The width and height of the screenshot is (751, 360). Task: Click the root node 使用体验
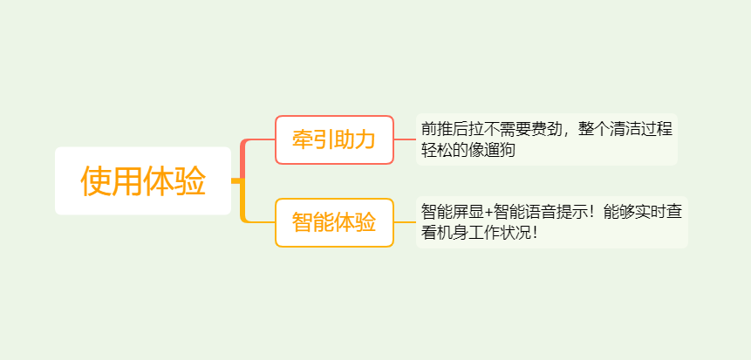pyautogui.click(x=143, y=181)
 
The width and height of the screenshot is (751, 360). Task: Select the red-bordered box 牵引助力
pyautogui.click(x=334, y=139)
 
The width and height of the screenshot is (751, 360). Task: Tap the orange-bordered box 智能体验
pyautogui.click(x=334, y=222)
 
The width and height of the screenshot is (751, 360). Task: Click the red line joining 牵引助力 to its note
pyautogui.click(x=405, y=139)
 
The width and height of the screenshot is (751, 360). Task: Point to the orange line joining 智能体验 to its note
pyautogui.click(x=405, y=222)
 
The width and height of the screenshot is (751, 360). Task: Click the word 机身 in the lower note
pyautogui.click(x=454, y=233)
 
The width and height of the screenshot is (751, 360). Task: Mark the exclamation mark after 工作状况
pyautogui.click(x=534, y=233)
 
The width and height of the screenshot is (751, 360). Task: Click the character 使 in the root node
pyautogui.click(x=96, y=181)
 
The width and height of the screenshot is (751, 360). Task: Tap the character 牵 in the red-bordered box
pyautogui.click(x=303, y=139)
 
